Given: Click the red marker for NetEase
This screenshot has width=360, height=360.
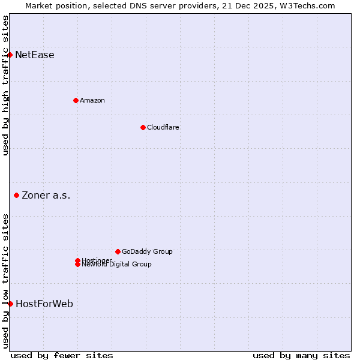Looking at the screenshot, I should [10, 55].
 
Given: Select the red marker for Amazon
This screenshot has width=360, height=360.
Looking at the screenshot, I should [76, 100].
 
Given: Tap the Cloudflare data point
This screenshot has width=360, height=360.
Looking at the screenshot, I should [143, 127].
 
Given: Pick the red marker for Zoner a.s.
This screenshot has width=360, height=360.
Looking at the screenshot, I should [17, 195].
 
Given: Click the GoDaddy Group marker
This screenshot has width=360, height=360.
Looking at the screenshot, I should [118, 251].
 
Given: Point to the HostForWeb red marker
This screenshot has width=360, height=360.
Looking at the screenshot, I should [11, 304].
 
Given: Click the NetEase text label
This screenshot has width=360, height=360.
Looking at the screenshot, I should [35, 55].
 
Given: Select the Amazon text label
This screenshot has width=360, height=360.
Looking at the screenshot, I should [92, 100].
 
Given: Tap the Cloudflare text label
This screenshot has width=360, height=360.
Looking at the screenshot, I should [163, 127].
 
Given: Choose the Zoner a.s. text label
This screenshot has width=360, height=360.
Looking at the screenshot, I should [46, 195].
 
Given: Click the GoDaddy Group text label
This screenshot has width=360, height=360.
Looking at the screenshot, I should [147, 251].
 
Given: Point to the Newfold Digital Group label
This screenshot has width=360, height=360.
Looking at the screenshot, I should [117, 265].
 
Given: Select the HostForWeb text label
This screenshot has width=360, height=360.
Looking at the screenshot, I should [44, 304].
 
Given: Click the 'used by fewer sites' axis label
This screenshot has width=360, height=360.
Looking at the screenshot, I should [62, 355].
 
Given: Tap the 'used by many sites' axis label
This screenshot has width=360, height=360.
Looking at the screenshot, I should [301, 355].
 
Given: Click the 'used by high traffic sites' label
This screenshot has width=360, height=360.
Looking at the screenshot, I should [5, 85].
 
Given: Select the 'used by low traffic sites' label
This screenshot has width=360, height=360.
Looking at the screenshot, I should [5, 280].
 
